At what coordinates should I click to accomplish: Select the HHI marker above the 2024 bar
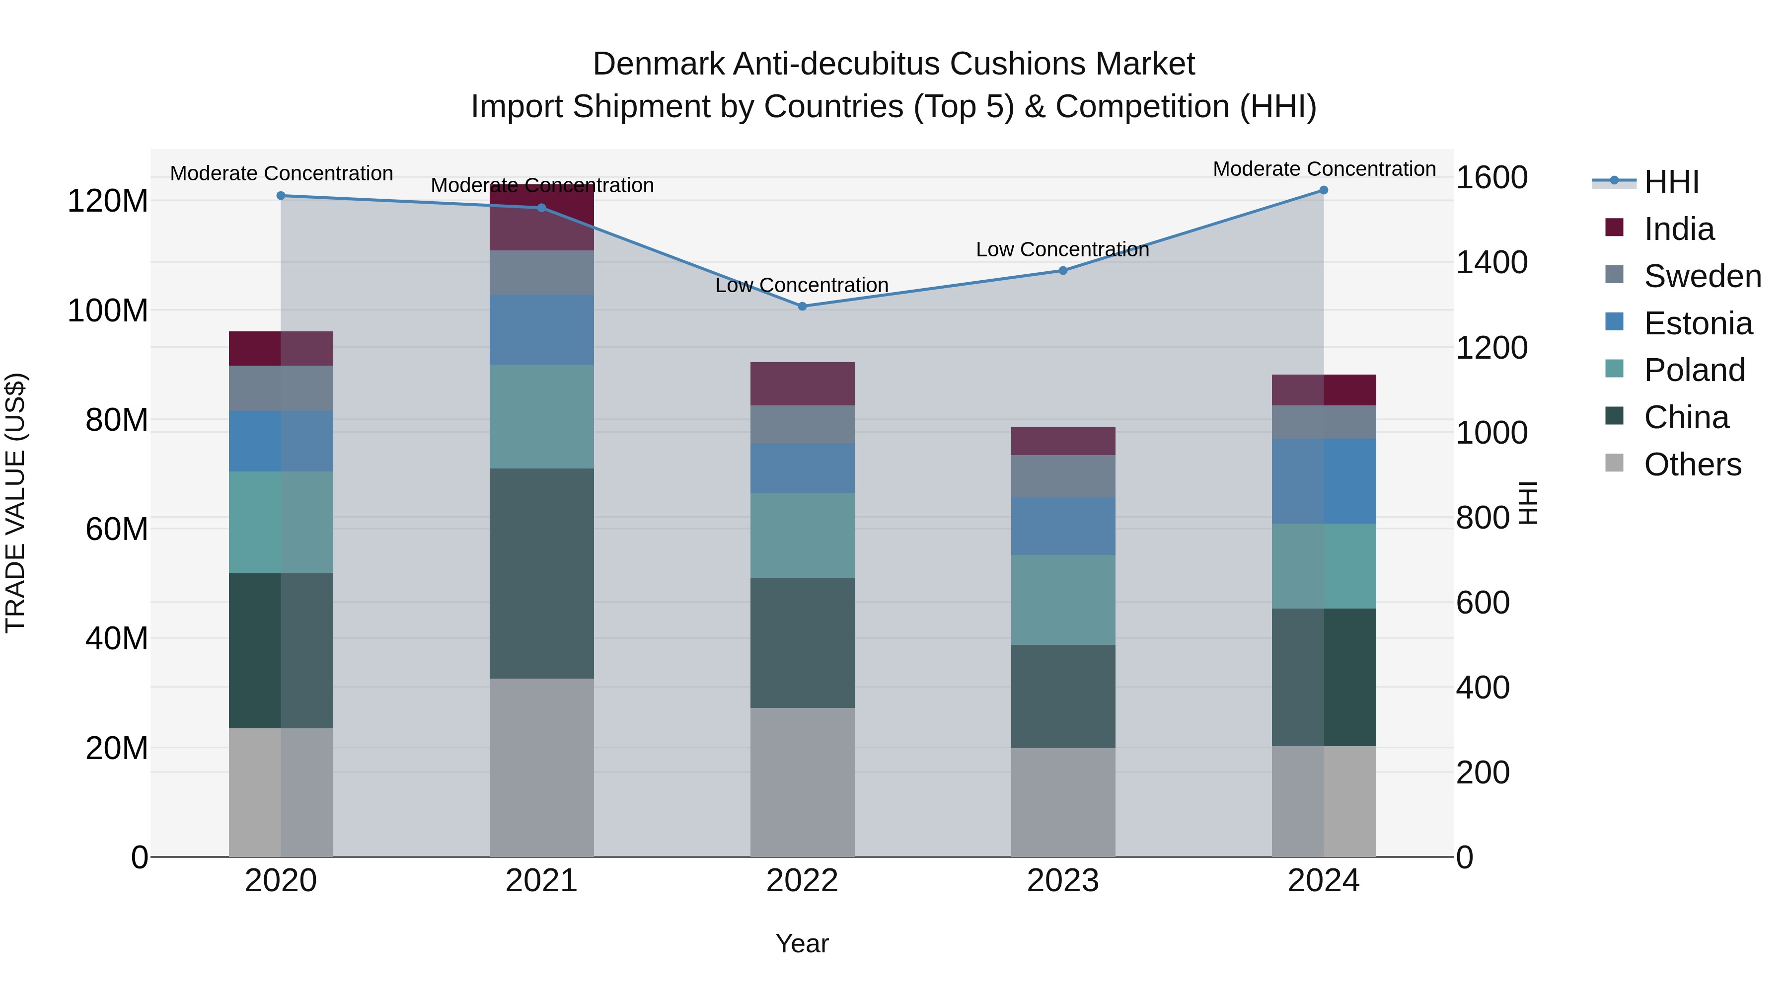click(x=1323, y=190)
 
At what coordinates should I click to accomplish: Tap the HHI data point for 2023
click(x=1063, y=271)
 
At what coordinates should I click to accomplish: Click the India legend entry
click(x=1678, y=229)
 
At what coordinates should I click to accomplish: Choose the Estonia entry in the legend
click(x=1698, y=323)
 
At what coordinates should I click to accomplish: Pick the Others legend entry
click(x=1692, y=464)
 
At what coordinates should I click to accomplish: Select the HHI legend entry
click(x=1671, y=182)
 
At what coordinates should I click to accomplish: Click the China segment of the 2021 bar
click(x=541, y=573)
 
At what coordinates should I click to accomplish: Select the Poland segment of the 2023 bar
click(x=1063, y=599)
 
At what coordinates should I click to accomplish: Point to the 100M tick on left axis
click(x=108, y=310)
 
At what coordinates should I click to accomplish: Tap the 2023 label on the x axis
click(x=1063, y=881)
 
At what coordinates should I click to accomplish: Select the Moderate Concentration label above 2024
click(x=1324, y=169)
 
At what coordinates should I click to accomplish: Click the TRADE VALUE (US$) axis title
click(x=16, y=503)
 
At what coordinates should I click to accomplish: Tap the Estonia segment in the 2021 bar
click(x=541, y=329)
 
